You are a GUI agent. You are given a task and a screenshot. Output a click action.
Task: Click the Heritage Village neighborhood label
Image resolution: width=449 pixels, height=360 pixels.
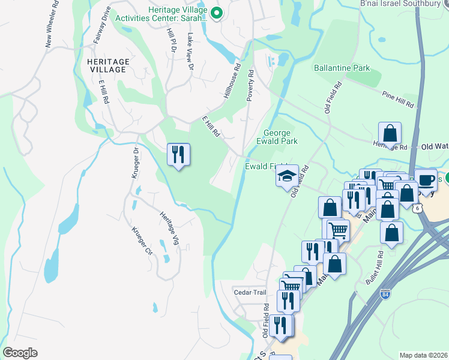(x=107, y=65)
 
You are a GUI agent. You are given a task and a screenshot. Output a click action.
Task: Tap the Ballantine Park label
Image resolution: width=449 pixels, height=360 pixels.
(x=342, y=68)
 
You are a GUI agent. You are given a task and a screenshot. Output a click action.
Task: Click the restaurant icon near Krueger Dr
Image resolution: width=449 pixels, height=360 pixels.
(x=178, y=155)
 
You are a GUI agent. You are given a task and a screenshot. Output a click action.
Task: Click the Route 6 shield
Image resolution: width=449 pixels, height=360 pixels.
(x=416, y=207)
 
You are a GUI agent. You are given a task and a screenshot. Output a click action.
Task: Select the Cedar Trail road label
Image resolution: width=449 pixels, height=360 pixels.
(x=250, y=292)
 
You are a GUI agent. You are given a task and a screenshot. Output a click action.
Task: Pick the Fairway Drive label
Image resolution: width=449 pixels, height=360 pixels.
(x=101, y=26)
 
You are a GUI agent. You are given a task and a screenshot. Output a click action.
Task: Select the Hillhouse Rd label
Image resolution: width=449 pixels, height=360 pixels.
(x=232, y=82)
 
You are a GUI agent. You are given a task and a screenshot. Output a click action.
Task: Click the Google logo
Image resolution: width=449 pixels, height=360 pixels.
(x=20, y=353)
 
